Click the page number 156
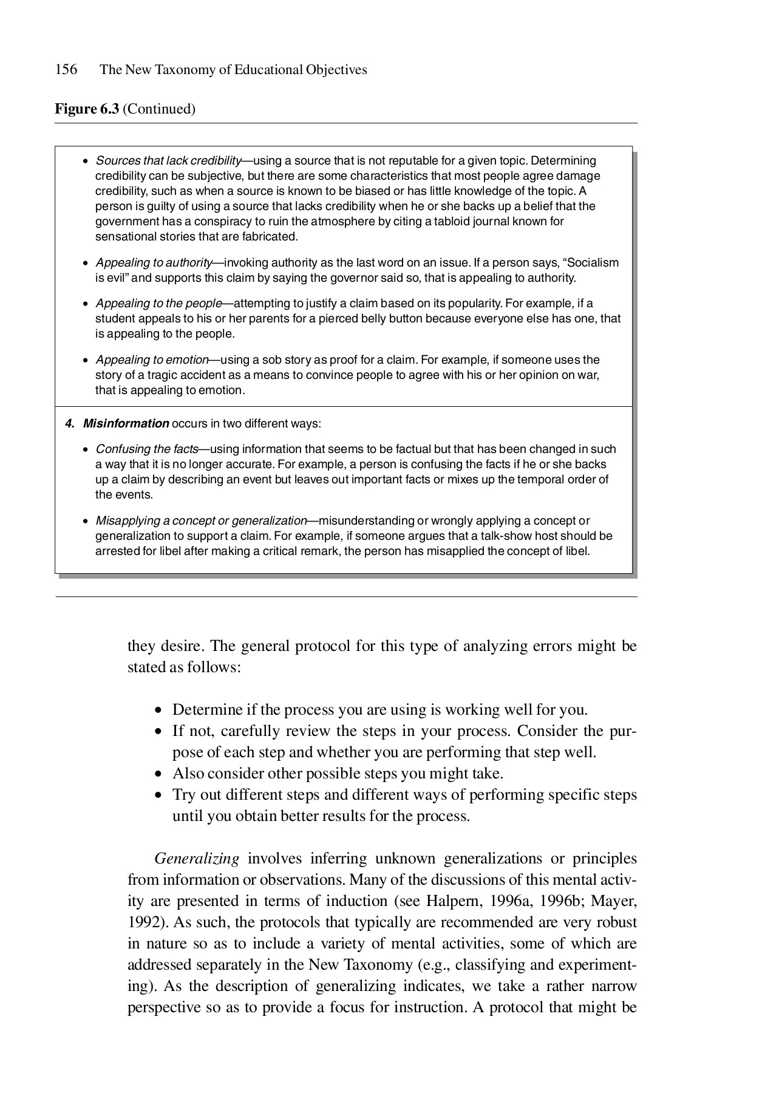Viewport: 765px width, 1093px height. [66, 70]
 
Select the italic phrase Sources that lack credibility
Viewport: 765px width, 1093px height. [168, 161]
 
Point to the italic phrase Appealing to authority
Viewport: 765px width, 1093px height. [154, 263]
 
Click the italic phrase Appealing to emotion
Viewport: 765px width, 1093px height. [152, 360]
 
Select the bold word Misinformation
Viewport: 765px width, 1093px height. [126, 423]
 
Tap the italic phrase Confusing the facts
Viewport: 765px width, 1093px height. [147, 449]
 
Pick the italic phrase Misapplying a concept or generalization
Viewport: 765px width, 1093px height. [201, 521]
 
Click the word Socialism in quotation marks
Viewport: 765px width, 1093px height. [593, 263]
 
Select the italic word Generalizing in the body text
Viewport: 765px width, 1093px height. [197, 859]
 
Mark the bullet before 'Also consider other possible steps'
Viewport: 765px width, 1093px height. [159, 774]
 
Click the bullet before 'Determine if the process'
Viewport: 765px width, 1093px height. [159, 710]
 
